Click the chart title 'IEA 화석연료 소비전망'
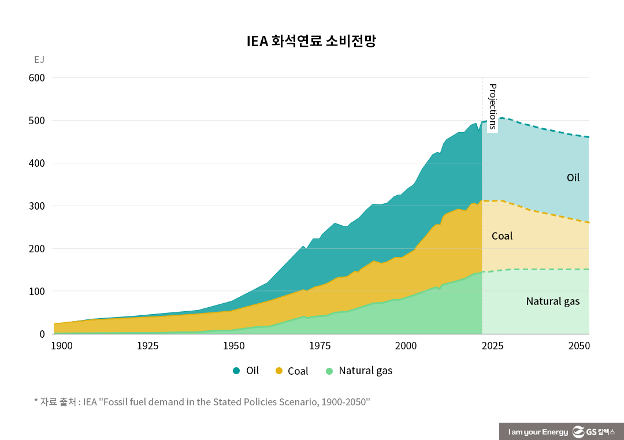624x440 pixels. point(311,42)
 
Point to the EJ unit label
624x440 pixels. point(39,59)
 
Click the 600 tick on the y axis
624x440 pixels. point(36,78)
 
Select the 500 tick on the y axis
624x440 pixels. point(36,121)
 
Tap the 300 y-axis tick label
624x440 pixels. point(36,206)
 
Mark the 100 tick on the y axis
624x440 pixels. point(36,292)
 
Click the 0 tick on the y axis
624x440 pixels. point(42,334)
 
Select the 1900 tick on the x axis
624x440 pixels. point(62,346)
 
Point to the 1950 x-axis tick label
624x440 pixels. point(233,346)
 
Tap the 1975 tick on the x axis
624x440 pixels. point(320,346)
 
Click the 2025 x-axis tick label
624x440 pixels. point(492,346)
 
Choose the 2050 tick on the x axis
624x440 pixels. point(578,346)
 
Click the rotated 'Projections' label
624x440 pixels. point(493,107)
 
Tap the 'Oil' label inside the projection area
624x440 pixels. point(573,178)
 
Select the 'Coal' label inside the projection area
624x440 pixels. point(502,236)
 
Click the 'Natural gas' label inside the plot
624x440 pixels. point(552,301)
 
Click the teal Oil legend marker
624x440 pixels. point(236,371)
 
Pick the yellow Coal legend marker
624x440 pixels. point(278,371)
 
